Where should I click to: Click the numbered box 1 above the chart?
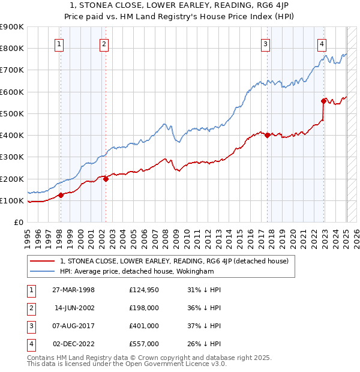point(60,43)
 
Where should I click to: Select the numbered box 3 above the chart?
point(265,43)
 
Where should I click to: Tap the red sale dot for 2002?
point(106,179)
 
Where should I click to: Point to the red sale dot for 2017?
point(266,135)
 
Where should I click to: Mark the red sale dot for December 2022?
point(323,101)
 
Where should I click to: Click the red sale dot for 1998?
point(61,195)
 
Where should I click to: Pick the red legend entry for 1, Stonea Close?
point(175,261)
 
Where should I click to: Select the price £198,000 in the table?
point(144,307)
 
